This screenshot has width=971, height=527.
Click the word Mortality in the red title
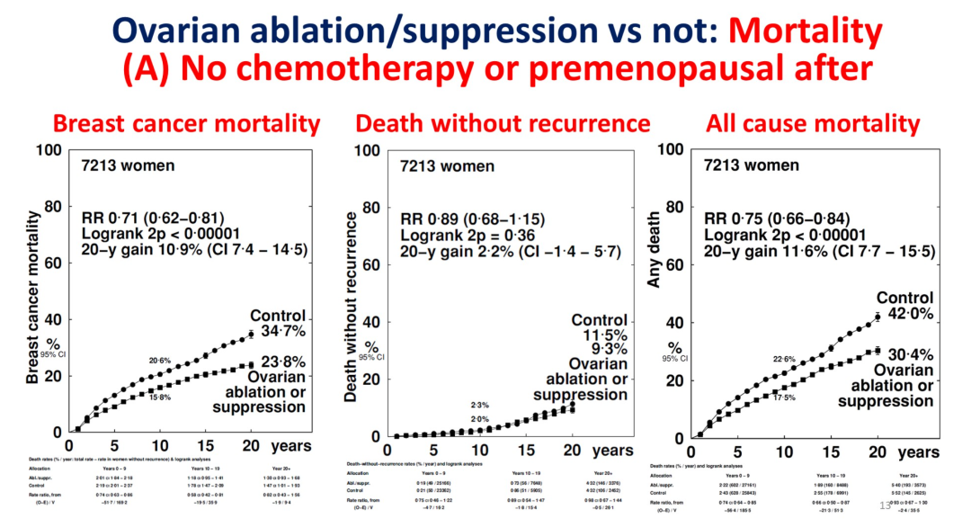point(806,32)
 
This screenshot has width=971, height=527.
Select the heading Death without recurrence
point(503,123)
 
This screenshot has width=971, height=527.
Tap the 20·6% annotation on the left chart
point(161,361)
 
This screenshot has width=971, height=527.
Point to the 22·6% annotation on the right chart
point(784,360)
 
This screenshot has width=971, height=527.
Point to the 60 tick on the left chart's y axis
point(51,263)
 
